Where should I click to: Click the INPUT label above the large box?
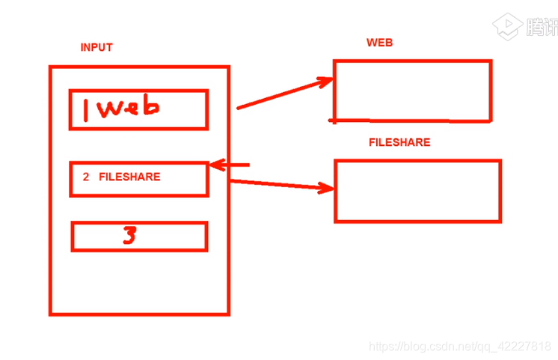pos(96,47)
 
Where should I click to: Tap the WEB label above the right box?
pos(379,43)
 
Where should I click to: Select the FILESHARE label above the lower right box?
pos(399,142)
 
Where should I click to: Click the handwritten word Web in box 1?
pos(129,109)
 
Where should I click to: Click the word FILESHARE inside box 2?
pos(129,177)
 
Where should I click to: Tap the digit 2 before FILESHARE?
pos(86,177)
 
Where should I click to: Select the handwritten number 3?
pos(129,237)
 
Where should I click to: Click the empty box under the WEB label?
pos(412,91)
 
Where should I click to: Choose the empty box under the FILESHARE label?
pos(417,191)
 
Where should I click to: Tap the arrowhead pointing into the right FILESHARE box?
pos(327,189)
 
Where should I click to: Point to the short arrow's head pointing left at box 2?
pos(215,165)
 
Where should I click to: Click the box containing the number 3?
pos(172,237)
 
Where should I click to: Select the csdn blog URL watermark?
pos(461,346)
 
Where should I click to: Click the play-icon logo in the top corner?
pos(506,27)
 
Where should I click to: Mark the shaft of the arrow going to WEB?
pos(280,95)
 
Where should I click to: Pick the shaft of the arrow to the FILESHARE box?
pos(277,184)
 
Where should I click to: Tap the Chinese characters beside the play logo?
pos(542,27)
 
